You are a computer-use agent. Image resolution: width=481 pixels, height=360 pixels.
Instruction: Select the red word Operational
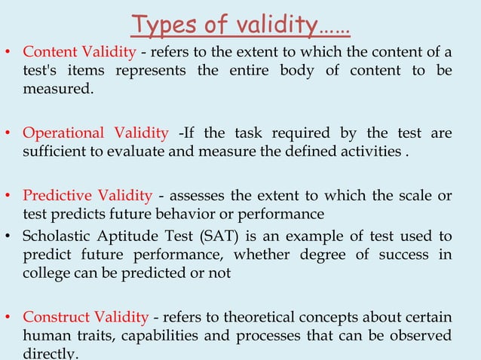(x=63, y=133)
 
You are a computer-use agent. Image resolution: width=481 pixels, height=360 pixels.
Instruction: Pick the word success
(x=408, y=255)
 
